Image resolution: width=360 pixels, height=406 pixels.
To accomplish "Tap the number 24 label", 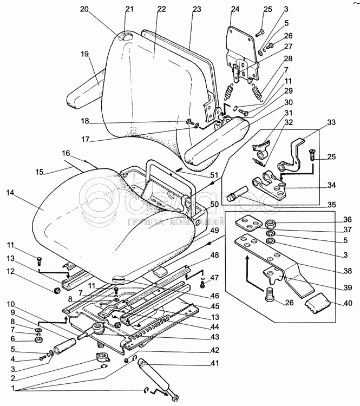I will pyautogui.click(x=234, y=9).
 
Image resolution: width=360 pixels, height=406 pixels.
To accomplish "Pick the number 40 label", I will pyautogui.click(x=347, y=303).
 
